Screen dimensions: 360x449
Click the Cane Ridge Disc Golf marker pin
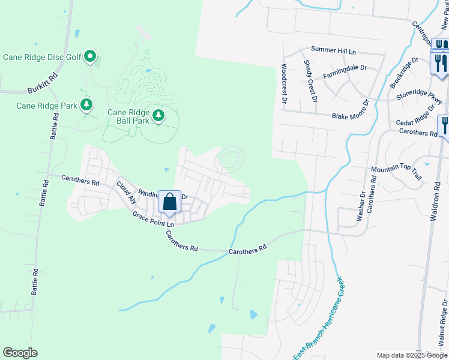(90, 56)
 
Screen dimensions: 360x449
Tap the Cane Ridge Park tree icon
(86, 106)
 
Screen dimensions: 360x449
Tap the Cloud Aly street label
(127, 193)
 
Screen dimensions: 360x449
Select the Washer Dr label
(362, 206)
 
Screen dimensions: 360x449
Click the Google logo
(21, 353)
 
